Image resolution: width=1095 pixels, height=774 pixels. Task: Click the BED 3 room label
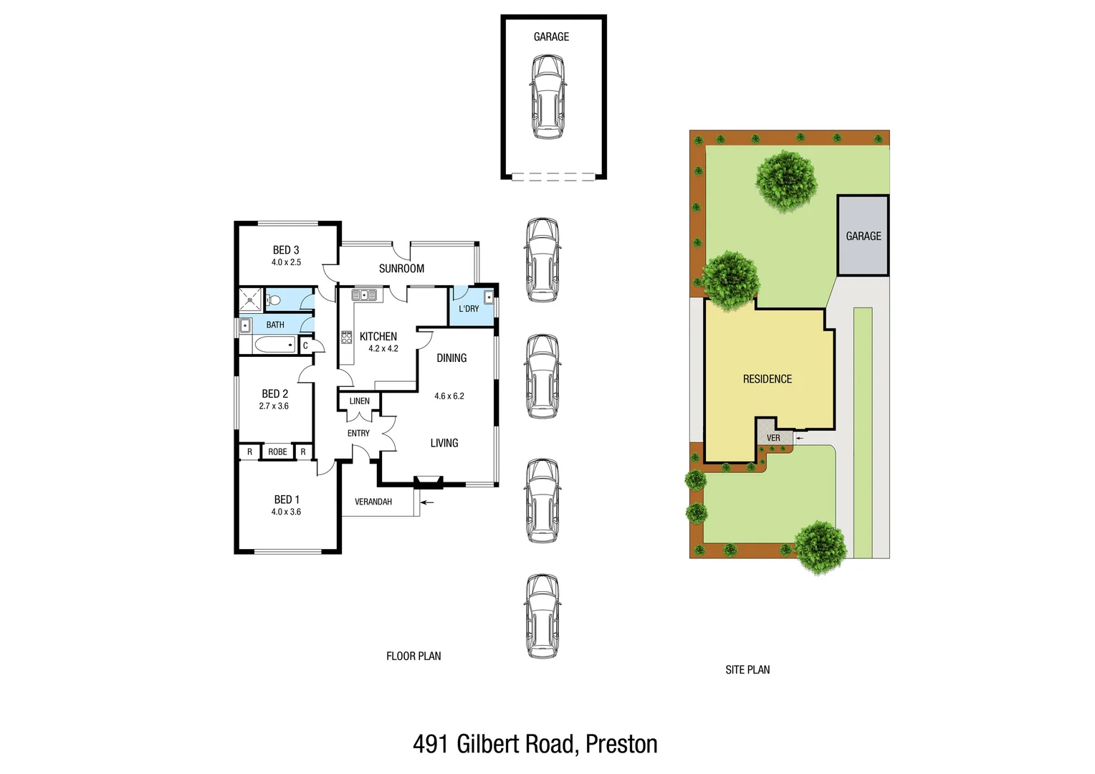(x=285, y=250)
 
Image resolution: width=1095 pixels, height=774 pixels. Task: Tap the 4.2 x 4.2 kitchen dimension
(x=383, y=349)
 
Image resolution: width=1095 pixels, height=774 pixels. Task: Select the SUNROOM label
(x=401, y=269)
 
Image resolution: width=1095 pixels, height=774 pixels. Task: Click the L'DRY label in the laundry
(x=469, y=309)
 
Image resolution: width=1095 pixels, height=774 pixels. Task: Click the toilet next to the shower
(x=273, y=300)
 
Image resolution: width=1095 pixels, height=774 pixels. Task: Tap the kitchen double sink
(x=364, y=295)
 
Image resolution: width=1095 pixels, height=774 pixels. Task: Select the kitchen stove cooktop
(x=347, y=337)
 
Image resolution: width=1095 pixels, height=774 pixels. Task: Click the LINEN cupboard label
(x=359, y=401)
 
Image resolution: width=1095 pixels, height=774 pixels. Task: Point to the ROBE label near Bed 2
(x=277, y=452)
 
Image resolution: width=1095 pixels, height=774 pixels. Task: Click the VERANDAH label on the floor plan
(x=373, y=502)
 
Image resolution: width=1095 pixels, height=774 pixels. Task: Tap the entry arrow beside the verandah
(x=427, y=503)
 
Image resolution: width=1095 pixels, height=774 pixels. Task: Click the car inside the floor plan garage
(x=547, y=97)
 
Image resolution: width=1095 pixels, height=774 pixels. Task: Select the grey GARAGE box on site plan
(x=863, y=236)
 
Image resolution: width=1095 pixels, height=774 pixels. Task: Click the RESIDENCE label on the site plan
(x=767, y=379)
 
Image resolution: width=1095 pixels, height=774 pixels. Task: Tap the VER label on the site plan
(x=773, y=438)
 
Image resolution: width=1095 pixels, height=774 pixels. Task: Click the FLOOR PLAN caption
(x=413, y=656)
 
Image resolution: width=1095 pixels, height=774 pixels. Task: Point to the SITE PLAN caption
(x=747, y=670)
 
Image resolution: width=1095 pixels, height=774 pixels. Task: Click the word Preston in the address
(x=621, y=745)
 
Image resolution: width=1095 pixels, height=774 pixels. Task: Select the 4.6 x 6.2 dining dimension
(x=449, y=396)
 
